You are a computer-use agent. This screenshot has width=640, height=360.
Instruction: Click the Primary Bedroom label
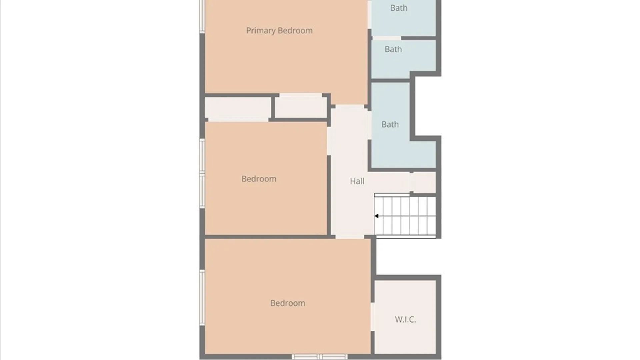click(279, 31)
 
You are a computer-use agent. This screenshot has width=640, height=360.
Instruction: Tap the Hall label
click(357, 181)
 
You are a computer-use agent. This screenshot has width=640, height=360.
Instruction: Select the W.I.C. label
click(405, 319)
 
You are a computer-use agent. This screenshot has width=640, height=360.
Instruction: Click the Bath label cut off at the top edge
click(399, 8)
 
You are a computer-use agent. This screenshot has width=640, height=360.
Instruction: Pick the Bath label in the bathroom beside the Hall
click(390, 125)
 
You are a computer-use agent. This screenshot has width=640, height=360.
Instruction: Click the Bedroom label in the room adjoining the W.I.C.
click(288, 303)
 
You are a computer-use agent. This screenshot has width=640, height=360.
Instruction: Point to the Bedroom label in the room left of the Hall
click(259, 179)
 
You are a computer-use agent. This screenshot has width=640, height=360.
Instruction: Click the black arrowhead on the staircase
click(376, 216)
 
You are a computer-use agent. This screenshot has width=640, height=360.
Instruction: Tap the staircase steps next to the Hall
click(405, 216)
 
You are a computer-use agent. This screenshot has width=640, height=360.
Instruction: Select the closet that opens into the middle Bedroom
click(238, 108)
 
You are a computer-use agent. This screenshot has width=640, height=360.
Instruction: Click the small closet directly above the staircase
click(424, 182)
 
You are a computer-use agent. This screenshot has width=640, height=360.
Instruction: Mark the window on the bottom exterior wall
click(320, 357)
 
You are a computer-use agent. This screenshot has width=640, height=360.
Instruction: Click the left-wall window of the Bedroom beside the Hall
click(202, 173)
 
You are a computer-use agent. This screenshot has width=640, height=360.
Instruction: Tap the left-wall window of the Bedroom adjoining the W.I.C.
click(202, 298)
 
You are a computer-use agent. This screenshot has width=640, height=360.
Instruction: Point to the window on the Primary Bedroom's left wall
click(202, 16)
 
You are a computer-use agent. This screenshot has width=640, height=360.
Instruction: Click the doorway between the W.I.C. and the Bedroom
click(372, 317)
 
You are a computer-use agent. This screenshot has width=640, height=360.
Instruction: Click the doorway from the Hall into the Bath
click(370, 125)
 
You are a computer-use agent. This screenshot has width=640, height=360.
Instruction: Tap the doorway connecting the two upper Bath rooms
click(387, 38)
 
